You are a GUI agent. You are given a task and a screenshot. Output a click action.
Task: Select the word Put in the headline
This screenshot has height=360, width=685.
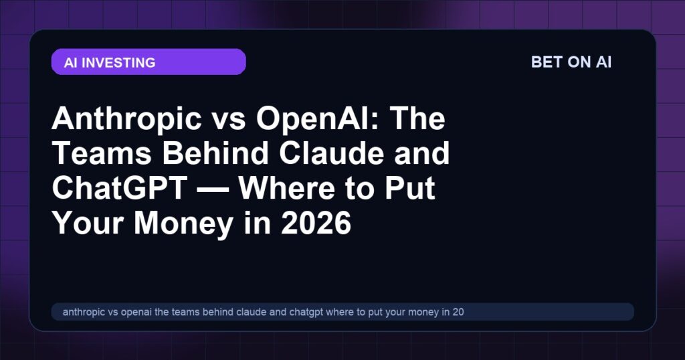409,189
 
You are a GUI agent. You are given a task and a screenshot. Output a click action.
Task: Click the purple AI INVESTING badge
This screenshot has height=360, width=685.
149,62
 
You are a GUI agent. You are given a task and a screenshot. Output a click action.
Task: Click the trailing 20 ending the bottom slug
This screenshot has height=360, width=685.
458,312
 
